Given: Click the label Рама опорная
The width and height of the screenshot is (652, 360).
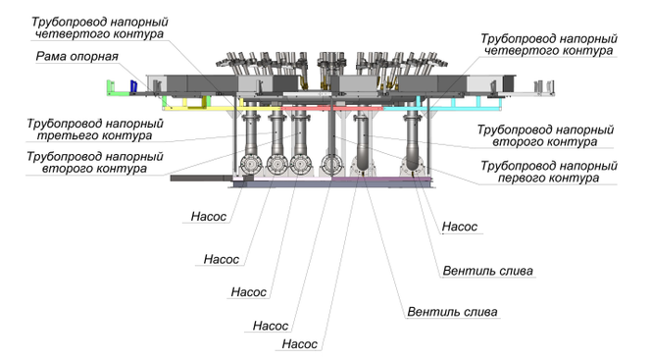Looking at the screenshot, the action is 76,56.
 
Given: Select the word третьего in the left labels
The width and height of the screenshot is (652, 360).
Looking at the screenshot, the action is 67,135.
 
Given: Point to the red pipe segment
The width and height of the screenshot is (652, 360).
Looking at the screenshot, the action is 331,109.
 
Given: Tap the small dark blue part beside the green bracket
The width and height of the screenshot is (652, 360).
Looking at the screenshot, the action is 133,86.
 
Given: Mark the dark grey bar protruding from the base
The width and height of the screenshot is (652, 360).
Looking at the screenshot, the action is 202,179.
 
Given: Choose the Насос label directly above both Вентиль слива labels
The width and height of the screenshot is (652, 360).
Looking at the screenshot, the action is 460,227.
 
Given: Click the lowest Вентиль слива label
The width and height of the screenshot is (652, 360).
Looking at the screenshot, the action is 452,312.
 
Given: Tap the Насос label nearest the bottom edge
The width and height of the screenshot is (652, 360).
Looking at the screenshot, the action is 299,343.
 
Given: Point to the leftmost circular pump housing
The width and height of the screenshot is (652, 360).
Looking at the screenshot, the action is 251,165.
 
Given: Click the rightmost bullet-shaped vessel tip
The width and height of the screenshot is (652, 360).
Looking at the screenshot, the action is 412,168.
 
